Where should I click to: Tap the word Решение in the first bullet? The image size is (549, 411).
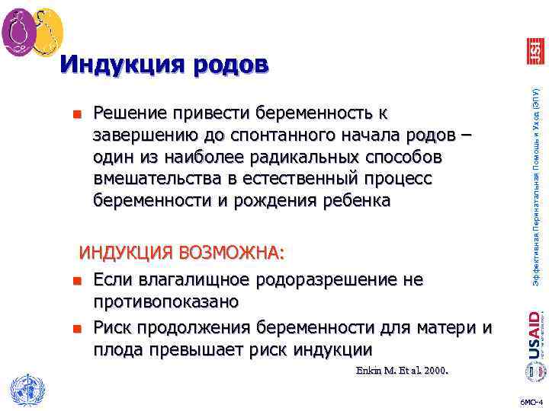(x=130, y=113)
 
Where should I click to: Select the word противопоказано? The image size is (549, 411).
(x=167, y=301)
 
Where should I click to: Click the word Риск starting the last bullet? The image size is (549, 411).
(x=114, y=328)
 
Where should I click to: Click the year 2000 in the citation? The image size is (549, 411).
(x=434, y=371)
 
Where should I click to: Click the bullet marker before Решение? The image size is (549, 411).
(x=76, y=115)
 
